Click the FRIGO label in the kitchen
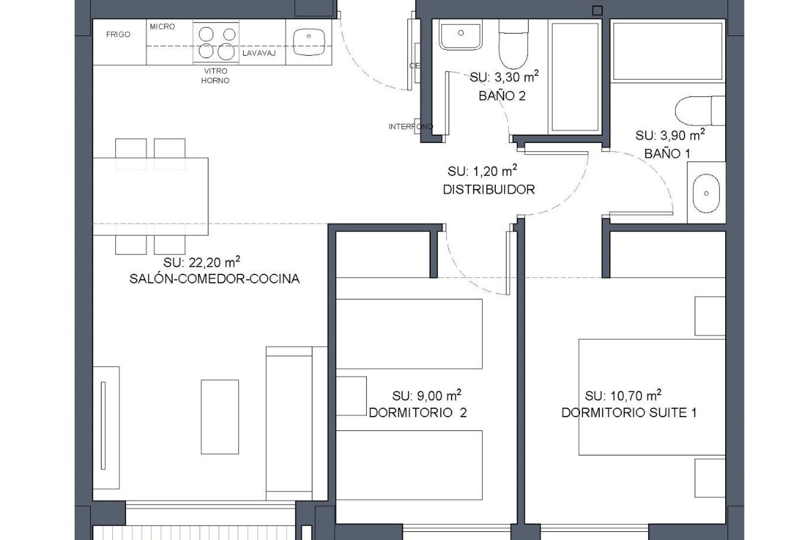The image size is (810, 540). pyautogui.click(x=118, y=35)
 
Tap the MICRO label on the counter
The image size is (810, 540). pyautogui.click(x=162, y=27)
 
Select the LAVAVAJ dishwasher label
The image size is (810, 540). pyautogui.click(x=259, y=53)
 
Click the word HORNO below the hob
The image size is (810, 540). pyautogui.click(x=215, y=81)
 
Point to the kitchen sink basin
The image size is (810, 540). pyautogui.click(x=309, y=42)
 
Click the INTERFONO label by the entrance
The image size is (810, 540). pyautogui.click(x=410, y=127)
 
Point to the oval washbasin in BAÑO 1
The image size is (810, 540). pyautogui.click(x=706, y=194)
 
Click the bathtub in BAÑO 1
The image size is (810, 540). pyautogui.click(x=667, y=51)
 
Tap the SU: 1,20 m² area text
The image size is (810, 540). pyautogui.click(x=482, y=171)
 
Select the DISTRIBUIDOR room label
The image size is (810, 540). pyautogui.click(x=489, y=189)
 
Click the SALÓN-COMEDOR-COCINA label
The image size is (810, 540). pyautogui.click(x=214, y=279)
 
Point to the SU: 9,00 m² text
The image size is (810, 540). pyautogui.click(x=426, y=396)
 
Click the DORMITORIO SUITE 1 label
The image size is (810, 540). pyautogui.click(x=629, y=413)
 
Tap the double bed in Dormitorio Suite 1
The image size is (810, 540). pyautogui.click(x=651, y=397)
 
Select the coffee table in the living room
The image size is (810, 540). pyautogui.click(x=220, y=416)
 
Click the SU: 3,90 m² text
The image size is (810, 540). pyautogui.click(x=670, y=135)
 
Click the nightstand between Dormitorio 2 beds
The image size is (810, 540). pyautogui.click(x=351, y=396)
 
